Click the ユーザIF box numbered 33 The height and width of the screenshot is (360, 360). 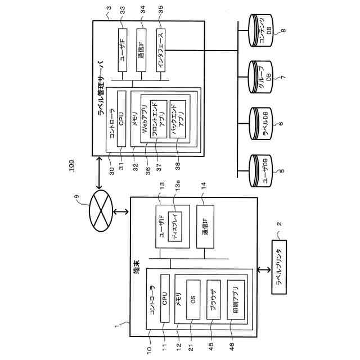[x=124, y=51]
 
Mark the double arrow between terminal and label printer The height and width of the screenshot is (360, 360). [x=260, y=270]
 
